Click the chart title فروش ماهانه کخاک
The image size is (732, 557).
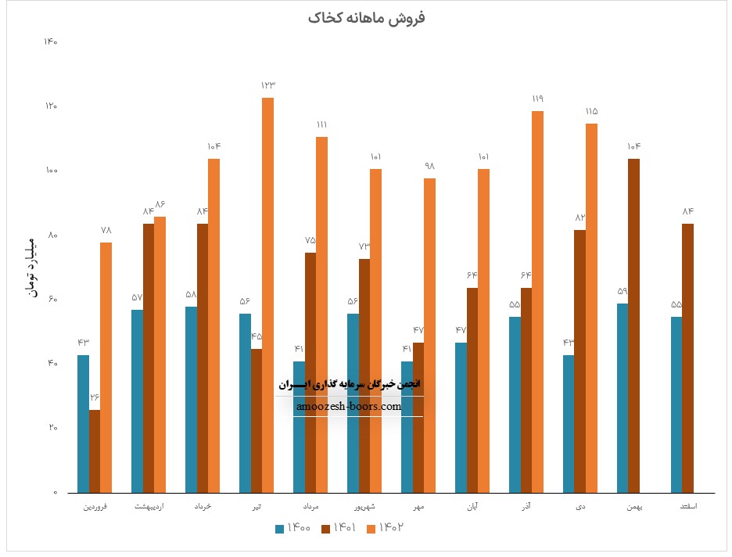coord(366,17)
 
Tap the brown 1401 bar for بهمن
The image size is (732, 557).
coord(633,326)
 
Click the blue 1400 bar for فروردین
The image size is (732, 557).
coord(83,424)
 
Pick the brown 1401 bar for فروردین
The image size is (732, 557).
coord(95,451)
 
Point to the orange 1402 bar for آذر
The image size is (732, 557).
coord(537,302)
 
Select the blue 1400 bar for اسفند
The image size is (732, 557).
coord(676,405)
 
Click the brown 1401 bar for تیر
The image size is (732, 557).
coord(257,421)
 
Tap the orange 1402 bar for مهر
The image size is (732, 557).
coord(429,336)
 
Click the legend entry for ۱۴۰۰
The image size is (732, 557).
coord(294,528)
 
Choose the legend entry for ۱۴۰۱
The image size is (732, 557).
coord(340,528)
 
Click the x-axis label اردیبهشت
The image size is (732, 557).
coord(149,508)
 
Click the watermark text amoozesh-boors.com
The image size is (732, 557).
coord(349,407)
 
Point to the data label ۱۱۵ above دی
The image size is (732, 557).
coord(591,111)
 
